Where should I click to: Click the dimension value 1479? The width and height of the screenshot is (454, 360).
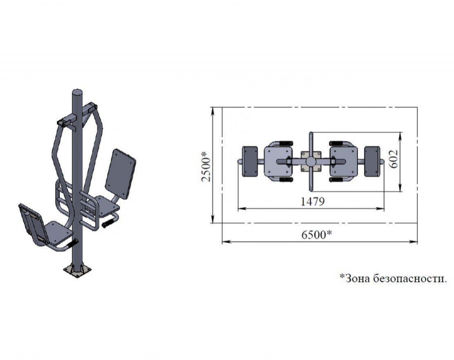[x=313, y=201]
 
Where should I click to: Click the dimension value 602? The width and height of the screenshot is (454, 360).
[x=394, y=159]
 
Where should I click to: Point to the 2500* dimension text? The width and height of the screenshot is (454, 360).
[x=206, y=166]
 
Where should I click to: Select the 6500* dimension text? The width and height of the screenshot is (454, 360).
[x=316, y=234]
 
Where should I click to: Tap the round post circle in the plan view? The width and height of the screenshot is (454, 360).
[x=311, y=162]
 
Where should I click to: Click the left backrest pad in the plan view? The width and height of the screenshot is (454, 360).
[x=250, y=162]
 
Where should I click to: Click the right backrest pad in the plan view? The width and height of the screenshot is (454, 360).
[x=372, y=162]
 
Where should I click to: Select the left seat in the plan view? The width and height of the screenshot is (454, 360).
[x=278, y=162]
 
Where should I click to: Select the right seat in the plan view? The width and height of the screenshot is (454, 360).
[x=344, y=162]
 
